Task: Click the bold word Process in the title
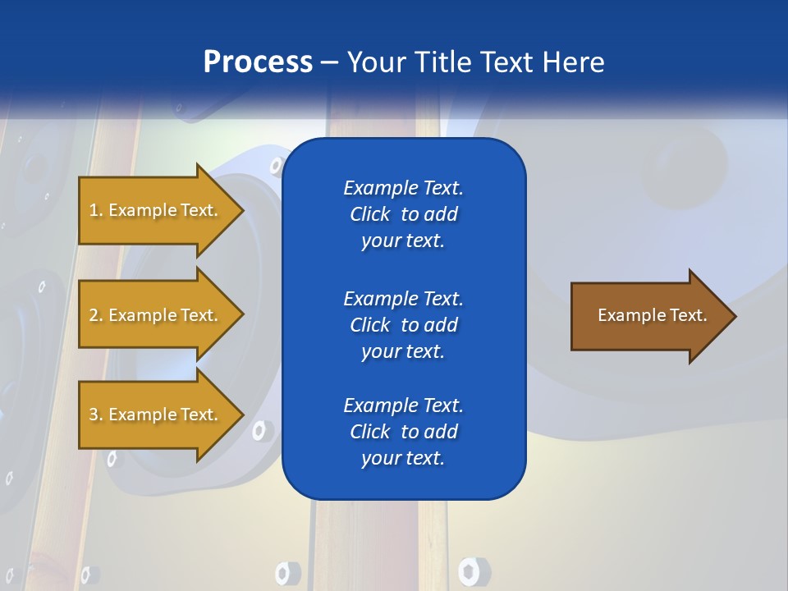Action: (258, 62)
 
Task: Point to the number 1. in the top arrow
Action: (96, 210)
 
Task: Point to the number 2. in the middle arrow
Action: (96, 315)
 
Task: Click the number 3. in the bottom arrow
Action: (96, 415)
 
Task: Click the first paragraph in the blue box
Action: (403, 214)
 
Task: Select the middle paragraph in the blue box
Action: (403, 325)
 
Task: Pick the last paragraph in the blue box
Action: (403, 432)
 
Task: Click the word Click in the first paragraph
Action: (369, 214)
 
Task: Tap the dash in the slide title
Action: (329, 62)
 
